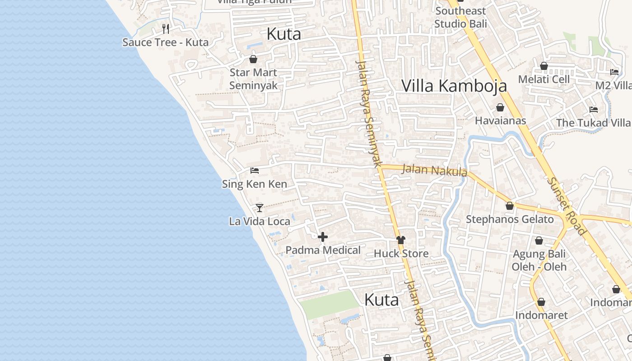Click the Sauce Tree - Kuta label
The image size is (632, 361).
(165, 42)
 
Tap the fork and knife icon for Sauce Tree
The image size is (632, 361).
(166, 29)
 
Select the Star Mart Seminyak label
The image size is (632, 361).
(253, 79)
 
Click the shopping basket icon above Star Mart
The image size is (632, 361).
(253, 59)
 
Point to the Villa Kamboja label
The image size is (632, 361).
(454, 86)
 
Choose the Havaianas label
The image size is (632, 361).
(500, 120)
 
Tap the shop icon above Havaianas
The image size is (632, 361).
(500, 107)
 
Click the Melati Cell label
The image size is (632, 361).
(544, 79)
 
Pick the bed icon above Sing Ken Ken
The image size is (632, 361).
(255, 171)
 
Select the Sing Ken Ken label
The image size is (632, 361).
(255, 184)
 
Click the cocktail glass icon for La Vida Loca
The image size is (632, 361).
(260, 208)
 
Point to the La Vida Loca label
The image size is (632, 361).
(260, 222)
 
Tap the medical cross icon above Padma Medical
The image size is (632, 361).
(323, 237)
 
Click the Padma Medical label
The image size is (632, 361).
(323, 250)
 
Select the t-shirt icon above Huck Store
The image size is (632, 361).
(401, 240)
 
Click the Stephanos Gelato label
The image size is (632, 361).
(510, 219)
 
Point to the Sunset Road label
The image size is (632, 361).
(567, 206)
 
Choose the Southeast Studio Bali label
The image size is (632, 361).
(460, 17)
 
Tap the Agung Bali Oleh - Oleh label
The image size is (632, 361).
(539, 260)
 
